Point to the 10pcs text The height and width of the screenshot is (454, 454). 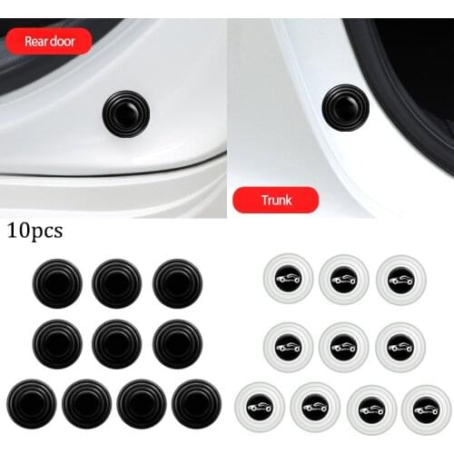(34, 231)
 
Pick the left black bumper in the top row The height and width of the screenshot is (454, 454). (56, 283)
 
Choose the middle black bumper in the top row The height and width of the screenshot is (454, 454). (116, 283)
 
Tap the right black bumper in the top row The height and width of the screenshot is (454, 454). (176, 282)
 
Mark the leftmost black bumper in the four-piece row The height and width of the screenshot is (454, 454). (29, 403)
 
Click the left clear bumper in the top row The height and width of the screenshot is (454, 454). (288, 279)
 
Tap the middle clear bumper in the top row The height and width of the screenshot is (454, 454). (344, 279)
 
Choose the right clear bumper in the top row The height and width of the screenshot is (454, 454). (400, 279)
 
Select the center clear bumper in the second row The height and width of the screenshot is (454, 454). (344, 343)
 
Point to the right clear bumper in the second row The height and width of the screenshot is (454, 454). (400, 343)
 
